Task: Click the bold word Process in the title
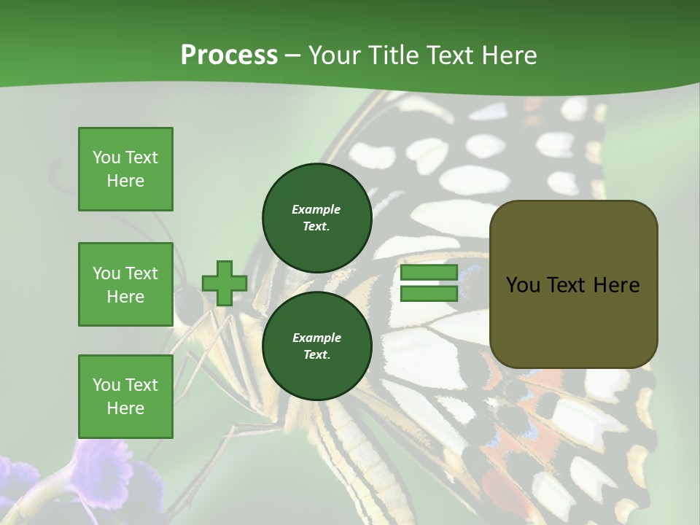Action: [x=229, y=55]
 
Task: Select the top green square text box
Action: [x=125, y=169]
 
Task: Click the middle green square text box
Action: [x=125, y=284]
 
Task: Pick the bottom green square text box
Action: [x=125, y=397]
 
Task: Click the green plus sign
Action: [x=224, y=284]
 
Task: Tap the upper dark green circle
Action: [x=316, y=217]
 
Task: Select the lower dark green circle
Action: [x=316, y=346]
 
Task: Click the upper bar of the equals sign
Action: [x=429, y=273]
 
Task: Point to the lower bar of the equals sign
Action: [x=429, y=294]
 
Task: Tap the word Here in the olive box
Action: [x=616, y=285]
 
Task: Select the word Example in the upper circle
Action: [x=316, y=209]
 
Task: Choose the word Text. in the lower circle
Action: [x=316, y=355]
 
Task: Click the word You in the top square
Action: [x=106, y=157]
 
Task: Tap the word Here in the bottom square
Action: [x=125, y=408]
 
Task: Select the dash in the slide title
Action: [x=293, y=55]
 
